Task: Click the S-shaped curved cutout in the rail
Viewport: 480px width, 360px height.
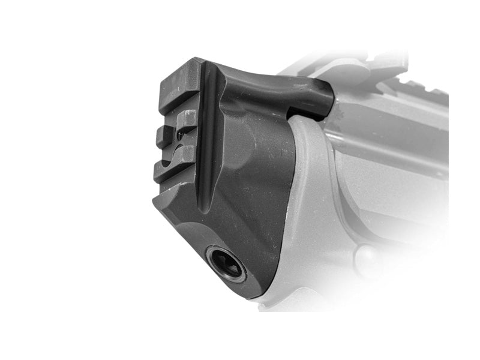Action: click(x=180, y=142)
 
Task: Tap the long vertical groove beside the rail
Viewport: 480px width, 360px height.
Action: click(x=208, y=138)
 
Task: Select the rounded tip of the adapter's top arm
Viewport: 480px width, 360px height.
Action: click(x=324, y=99)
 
